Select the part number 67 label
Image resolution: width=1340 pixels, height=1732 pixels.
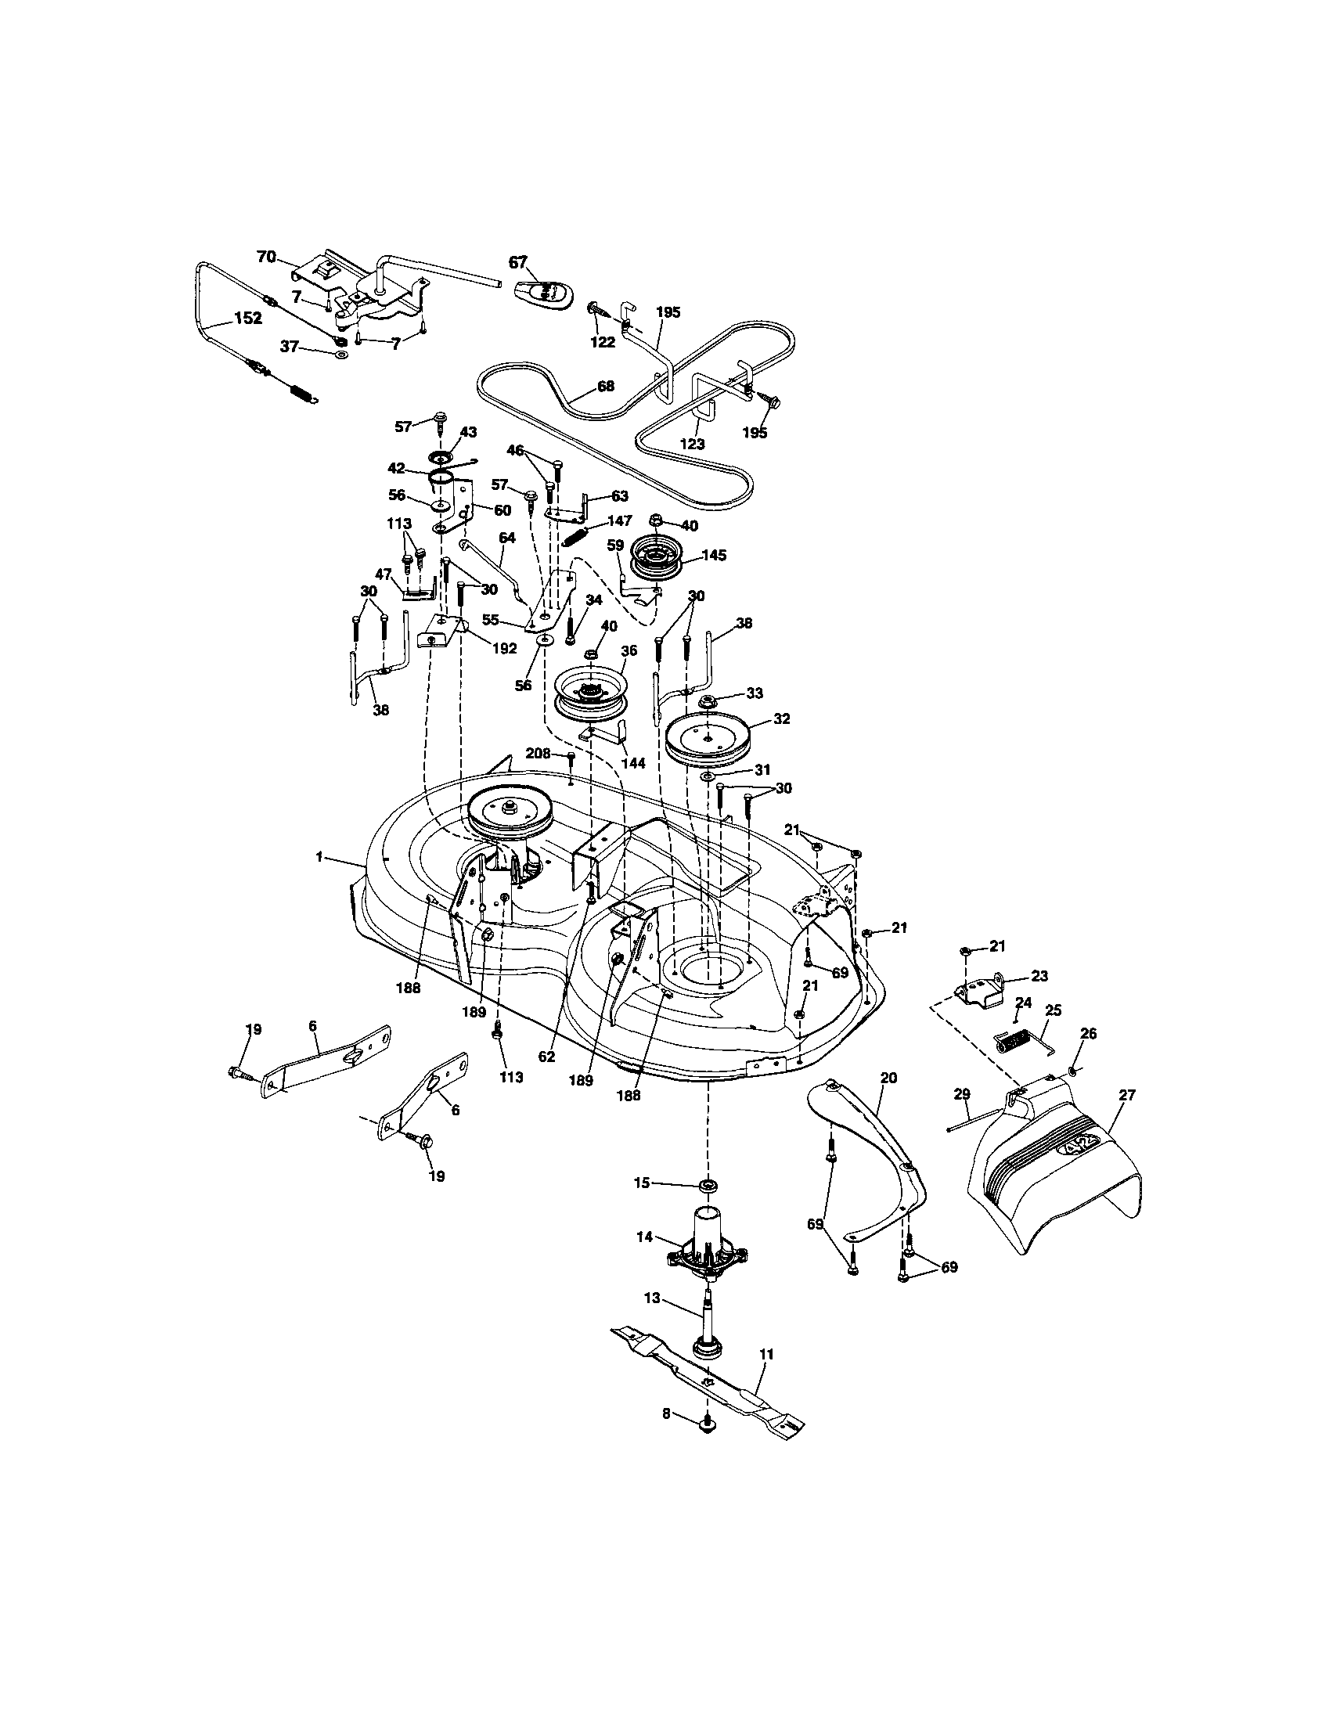(518, 262)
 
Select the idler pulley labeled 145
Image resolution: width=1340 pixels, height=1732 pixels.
(657, 557)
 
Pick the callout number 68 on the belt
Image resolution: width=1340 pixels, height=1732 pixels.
(605, 387)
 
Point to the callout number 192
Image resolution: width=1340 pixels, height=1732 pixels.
(504, 648)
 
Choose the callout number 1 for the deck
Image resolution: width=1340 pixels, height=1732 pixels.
(319, 856)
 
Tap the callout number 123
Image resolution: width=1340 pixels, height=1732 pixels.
(693, 444)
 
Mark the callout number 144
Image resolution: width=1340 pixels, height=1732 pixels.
(633, 763)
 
